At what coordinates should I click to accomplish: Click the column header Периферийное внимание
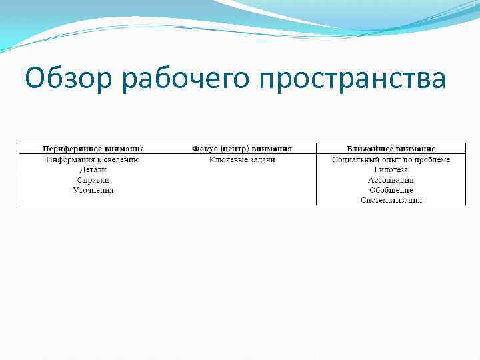(x=93, y=148)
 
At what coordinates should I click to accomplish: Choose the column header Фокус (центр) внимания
(x=242, y=148)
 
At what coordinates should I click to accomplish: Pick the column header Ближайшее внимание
(x=391, y=148)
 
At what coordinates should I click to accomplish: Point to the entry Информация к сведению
(x=93, y=159)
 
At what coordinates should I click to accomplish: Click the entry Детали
(x=93, y=169)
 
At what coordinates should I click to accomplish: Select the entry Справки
(x=93, y=180)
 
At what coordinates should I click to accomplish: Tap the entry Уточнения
(x=93, y=190)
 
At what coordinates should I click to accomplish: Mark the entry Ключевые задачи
(x=242, y=159)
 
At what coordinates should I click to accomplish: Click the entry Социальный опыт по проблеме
(x=391, y=159)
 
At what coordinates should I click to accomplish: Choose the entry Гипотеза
(x=391, y=169)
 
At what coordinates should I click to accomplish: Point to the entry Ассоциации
(x=391, y=180)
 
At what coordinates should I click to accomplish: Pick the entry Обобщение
(x=391, y=190)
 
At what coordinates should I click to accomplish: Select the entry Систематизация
(x=391, y=200)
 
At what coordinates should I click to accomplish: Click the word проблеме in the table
(x=432, y=159)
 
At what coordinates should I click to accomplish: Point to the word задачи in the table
(x=261, y=159)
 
